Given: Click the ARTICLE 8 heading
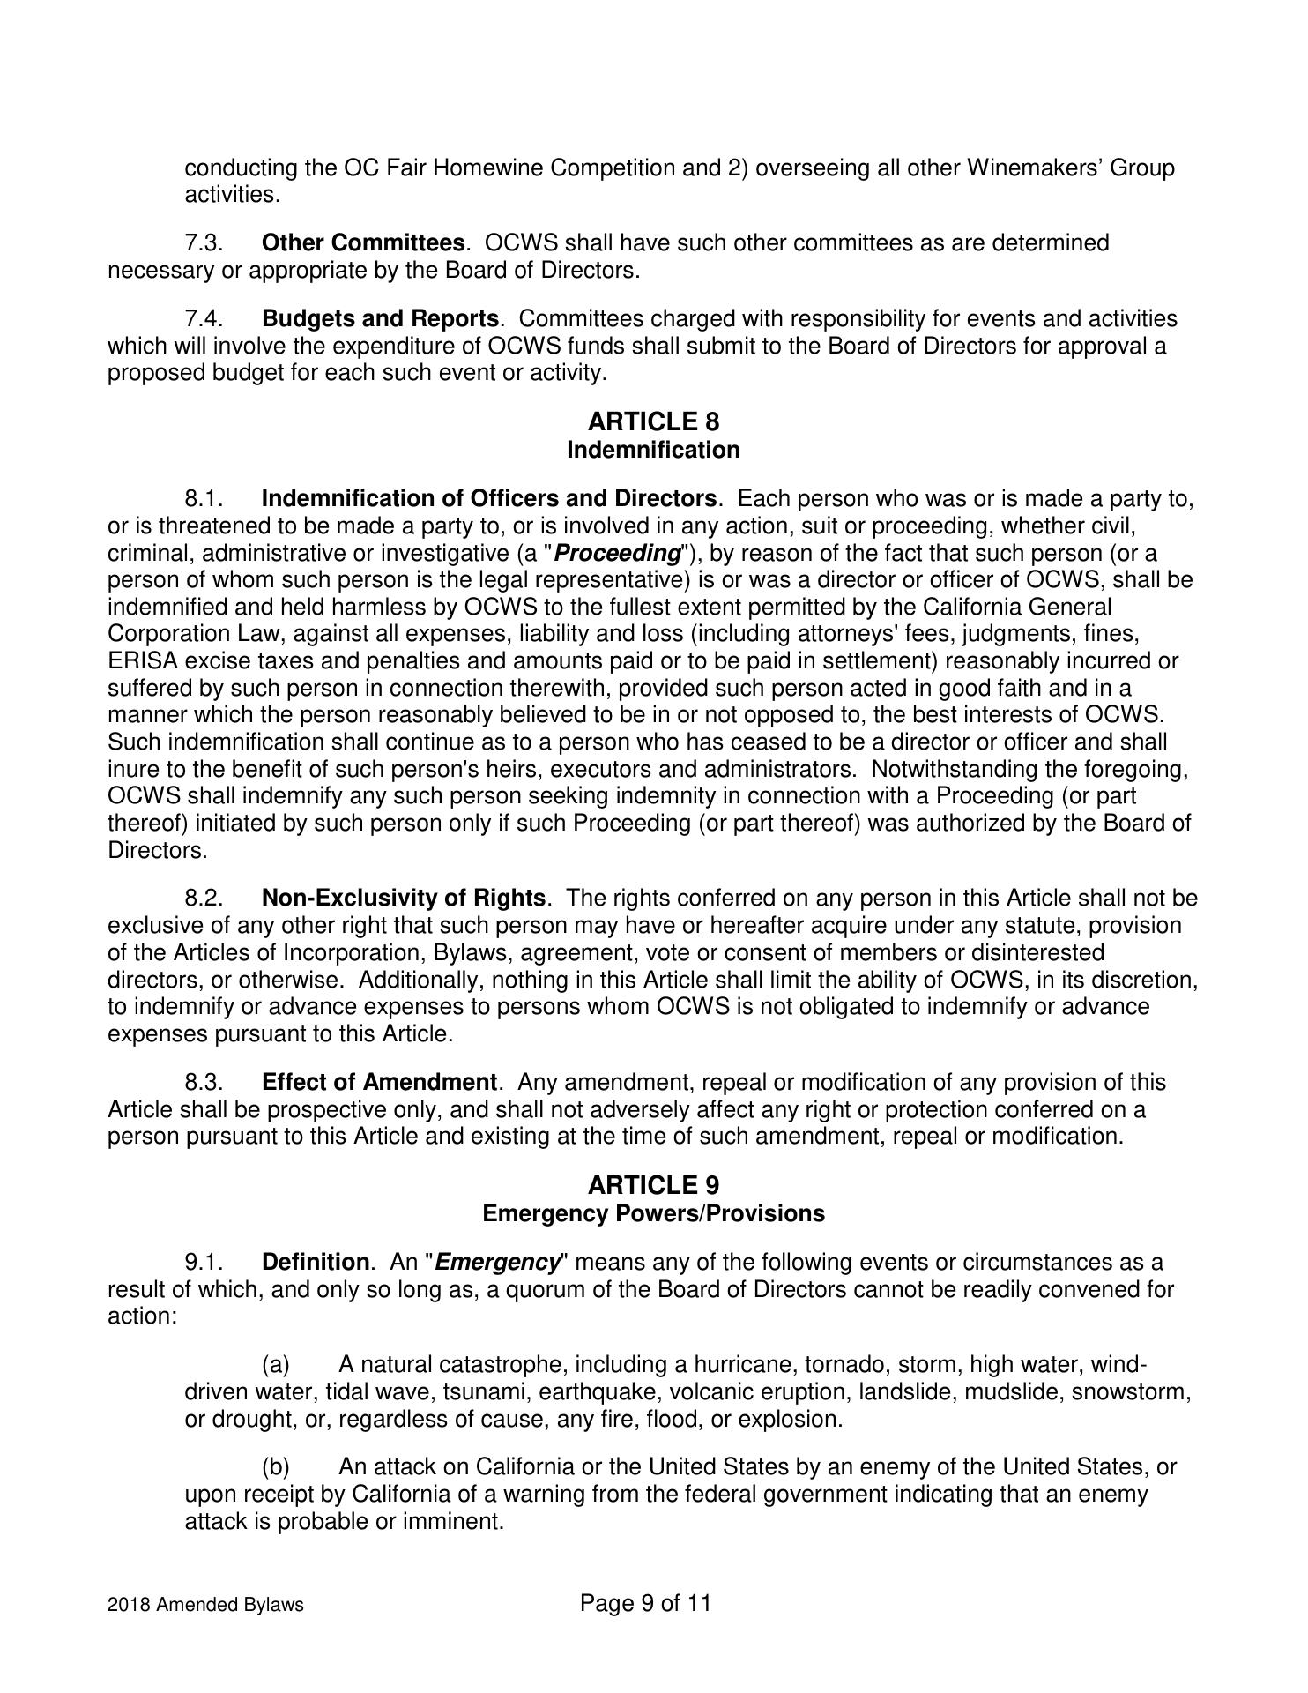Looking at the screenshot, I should point(653,421).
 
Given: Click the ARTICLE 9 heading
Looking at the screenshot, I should point(653,1185).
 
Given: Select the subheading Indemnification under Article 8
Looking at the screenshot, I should point(653,450).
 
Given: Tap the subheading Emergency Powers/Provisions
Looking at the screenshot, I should point(653,1213).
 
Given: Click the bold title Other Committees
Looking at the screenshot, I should point(363,242).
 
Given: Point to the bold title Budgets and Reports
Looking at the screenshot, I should point(380,318).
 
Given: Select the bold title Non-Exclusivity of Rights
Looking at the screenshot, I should point(404,899).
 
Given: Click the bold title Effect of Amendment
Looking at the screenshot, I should point(379,1082).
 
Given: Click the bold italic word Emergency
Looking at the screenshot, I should point(498,1263).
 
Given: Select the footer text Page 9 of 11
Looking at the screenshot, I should point(645,1603).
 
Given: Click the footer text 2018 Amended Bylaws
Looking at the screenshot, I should point(205,1605).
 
